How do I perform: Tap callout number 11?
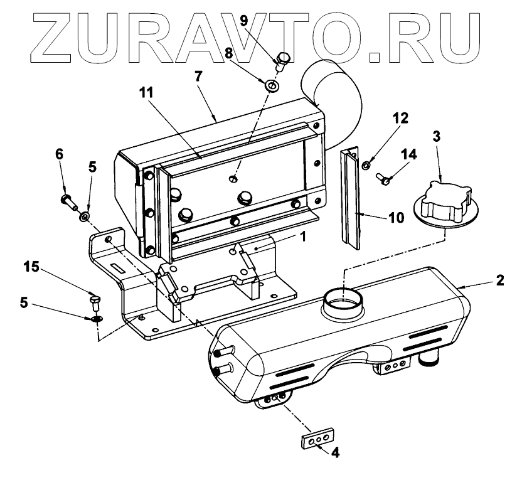point(146,92)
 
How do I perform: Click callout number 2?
point(500,280)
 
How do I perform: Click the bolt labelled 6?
point(68,201)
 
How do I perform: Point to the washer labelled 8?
point(272,84)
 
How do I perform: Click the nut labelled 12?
point(365,164)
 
